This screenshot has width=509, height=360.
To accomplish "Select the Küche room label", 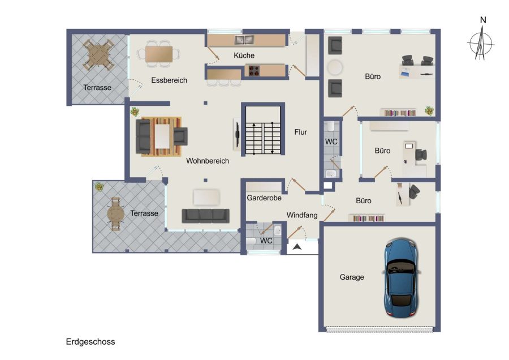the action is [x=244, y=55].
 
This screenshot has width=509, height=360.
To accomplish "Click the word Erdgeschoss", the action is [x=90, y=342].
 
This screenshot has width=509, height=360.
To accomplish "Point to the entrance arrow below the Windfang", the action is [x=297, y=247].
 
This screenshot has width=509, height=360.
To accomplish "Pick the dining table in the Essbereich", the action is [x=159, y=54].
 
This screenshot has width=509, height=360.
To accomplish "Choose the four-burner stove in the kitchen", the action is [x=254, y=71].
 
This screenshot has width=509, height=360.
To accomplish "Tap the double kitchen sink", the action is [x=244, y=40].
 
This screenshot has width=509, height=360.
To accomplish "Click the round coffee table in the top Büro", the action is [x=335, y=67].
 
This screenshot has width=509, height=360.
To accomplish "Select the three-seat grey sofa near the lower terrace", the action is [x=205, y=216].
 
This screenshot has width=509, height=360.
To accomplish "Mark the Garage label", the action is [x=352, y=277].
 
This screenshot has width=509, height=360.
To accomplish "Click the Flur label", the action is [x=301, y=132].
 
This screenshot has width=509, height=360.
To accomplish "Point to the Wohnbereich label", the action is [x=208, y=161].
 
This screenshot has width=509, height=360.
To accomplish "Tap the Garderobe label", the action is [x=264, y=198].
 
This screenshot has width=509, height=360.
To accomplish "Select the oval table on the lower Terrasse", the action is [x=115, y=214].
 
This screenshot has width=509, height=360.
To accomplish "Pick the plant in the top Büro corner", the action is [x=429, y=111].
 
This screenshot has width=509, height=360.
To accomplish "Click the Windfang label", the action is [x=302, y=215].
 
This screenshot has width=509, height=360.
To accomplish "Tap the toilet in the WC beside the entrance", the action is [x=251, y=241].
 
